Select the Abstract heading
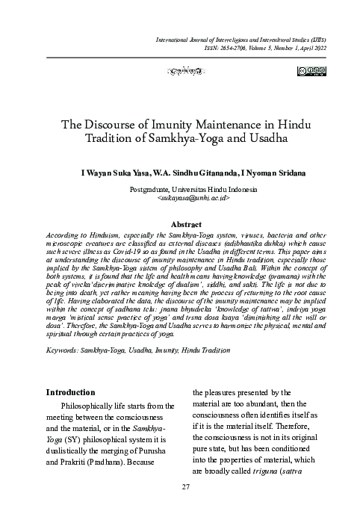coord(187,203)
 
